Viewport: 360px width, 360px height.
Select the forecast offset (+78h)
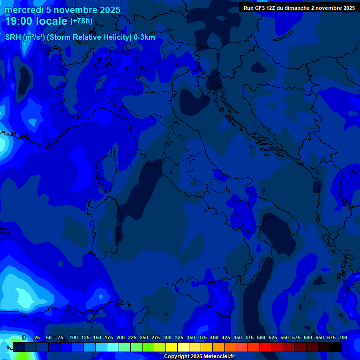click(x=81, y=21)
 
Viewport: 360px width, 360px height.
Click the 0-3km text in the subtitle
click(x=144, y=37)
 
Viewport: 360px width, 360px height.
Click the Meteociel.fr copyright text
click(x=199, y=357)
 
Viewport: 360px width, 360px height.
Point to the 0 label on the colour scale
click(x=24, y=337)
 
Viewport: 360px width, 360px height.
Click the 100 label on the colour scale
click(x=74, y=337)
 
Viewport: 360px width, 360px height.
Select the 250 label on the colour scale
click(x=144, y=337)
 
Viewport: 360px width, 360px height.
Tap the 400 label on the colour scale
click(x=214, y=337)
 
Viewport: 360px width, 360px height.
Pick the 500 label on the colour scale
click(x=261, y=337)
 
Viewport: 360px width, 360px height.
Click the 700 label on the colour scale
click(x=343, y=337)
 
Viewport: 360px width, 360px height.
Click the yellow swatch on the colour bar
click(x=172, y=347)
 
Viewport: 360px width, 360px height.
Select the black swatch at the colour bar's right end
click(x=336, y=347)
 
